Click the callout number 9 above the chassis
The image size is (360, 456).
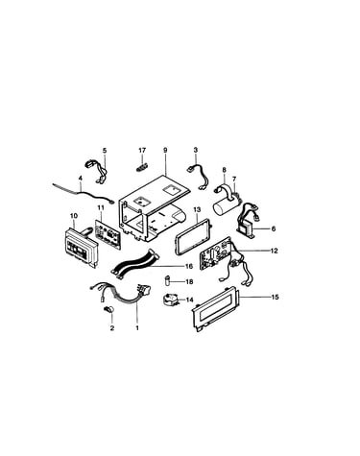165,150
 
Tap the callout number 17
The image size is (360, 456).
142,150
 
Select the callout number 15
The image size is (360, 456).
275,297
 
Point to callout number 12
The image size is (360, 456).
274,251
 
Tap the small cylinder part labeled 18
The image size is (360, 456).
167,280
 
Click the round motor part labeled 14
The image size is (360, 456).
170,300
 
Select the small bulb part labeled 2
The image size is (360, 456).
109,309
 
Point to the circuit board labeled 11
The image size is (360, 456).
108,234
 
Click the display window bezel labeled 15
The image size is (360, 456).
216,309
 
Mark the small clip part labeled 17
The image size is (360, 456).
141,166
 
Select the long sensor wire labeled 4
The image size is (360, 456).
83,194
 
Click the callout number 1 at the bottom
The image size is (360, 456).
137,328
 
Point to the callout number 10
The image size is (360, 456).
73,216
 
